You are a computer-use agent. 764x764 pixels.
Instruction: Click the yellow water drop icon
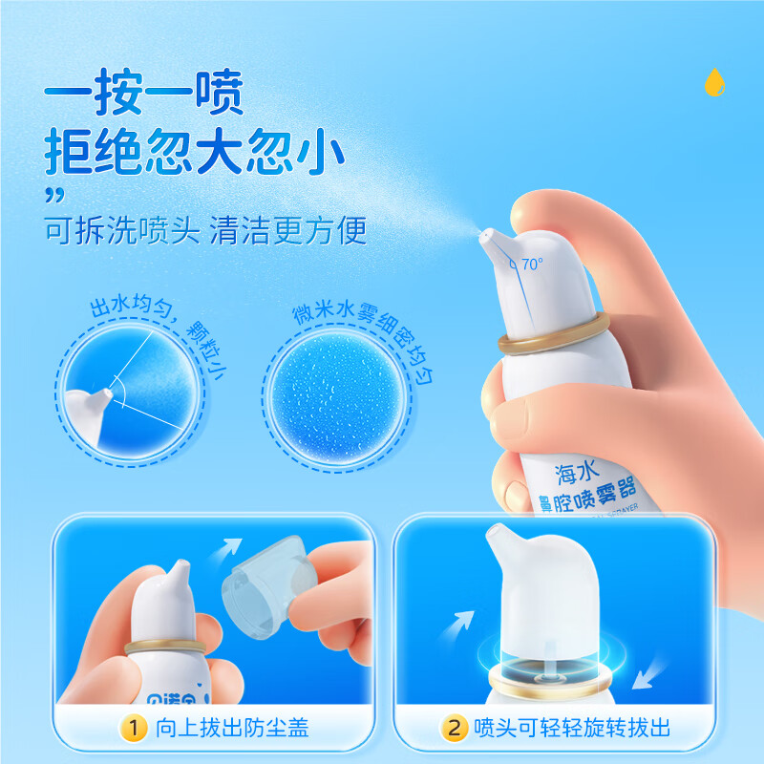[713, 82]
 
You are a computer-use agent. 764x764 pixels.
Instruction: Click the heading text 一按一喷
[145, 95]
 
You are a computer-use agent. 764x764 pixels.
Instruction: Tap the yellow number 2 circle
[454, 730]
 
